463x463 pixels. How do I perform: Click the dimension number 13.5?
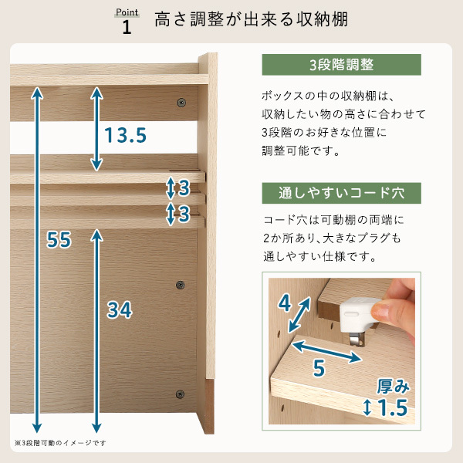[126, 135]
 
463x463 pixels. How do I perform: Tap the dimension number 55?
[59, 239]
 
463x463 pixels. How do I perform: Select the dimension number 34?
[120, 309]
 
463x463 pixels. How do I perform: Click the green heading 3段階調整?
[341, 65]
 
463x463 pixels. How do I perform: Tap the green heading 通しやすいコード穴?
[341, 193]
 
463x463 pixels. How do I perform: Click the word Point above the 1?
[127, 12]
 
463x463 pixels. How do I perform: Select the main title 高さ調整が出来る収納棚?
[252, 19]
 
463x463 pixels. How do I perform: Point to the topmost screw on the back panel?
[181, 103]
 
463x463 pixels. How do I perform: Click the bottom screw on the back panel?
[180, 394]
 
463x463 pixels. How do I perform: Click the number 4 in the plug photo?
[285, 303]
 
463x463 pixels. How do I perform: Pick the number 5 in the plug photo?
[319, 368]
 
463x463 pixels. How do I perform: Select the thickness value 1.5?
[393, 407]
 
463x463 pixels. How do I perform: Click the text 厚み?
[394, 387]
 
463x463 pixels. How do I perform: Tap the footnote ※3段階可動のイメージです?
[60, 443]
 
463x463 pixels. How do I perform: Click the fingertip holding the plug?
[384, 310]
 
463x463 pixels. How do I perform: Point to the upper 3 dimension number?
[184, 188]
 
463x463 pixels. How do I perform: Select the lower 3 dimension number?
[184, 214]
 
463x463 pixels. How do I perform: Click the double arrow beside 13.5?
[96, 129]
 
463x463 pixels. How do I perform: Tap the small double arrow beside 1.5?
[367, 407]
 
